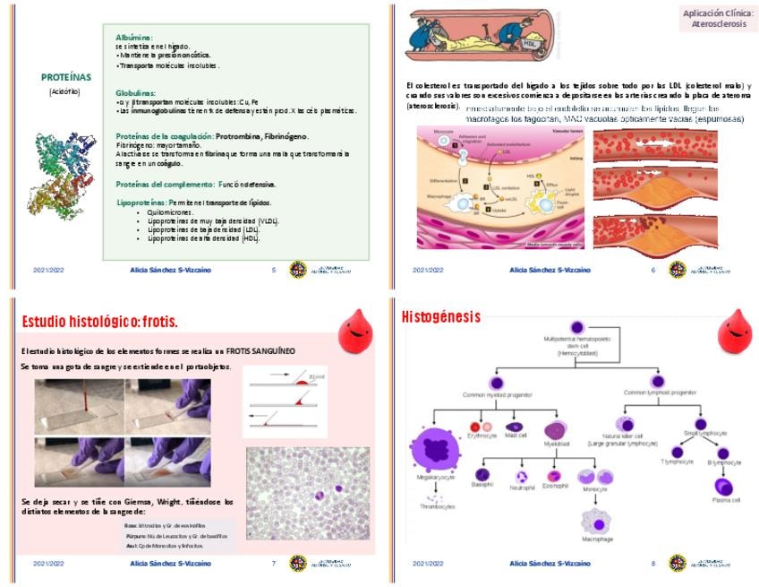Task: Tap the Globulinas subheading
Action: pyautogui.click(x=135, y=92)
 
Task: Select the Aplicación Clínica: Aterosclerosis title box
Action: pyautogui.click(x=718, y=19)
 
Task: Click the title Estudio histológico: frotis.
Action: pyautogui.click(x=99, y=321)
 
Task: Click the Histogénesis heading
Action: pyautogui.click(x=440, y=316)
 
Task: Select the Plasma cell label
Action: pyautogui.click(x=726, y=500)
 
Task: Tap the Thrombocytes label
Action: pyautogui.click(x=437, y=506)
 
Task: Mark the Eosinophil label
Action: pyautogui.click(x=557, y=491)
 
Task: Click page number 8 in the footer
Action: pyautogui.click(x=653, y=564)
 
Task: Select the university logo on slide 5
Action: pyautogui.click(x=298, y=269)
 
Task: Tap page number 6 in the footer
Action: pyautogui.click(x=653, y=269)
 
